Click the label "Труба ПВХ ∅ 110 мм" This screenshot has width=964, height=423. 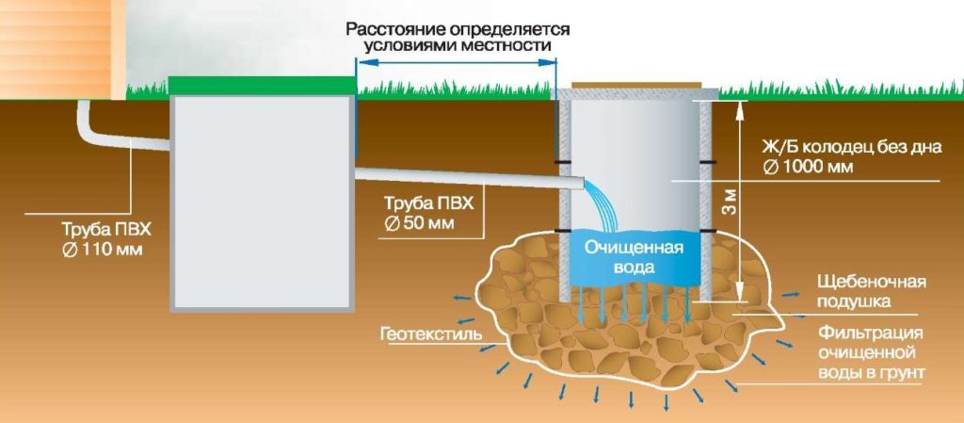pyautogui.click(x=105, y=240)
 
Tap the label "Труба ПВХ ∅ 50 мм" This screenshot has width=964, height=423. pyautogui.click(x=428, y=212)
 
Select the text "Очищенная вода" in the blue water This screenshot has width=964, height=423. pyautogui.click(x=634, y=258)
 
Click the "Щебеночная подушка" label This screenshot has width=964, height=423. pyautogui.click(x=871, y=291)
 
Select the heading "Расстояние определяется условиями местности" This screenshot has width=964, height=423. pyautogui.click(x=457, y=37)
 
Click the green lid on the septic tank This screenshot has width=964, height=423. pyautogui.click(x=263, y=86)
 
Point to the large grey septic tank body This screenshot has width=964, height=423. pyautogui.click(x=263, y=203)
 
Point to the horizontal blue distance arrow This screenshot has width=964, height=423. pyautogui.click(x=457, y=61)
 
